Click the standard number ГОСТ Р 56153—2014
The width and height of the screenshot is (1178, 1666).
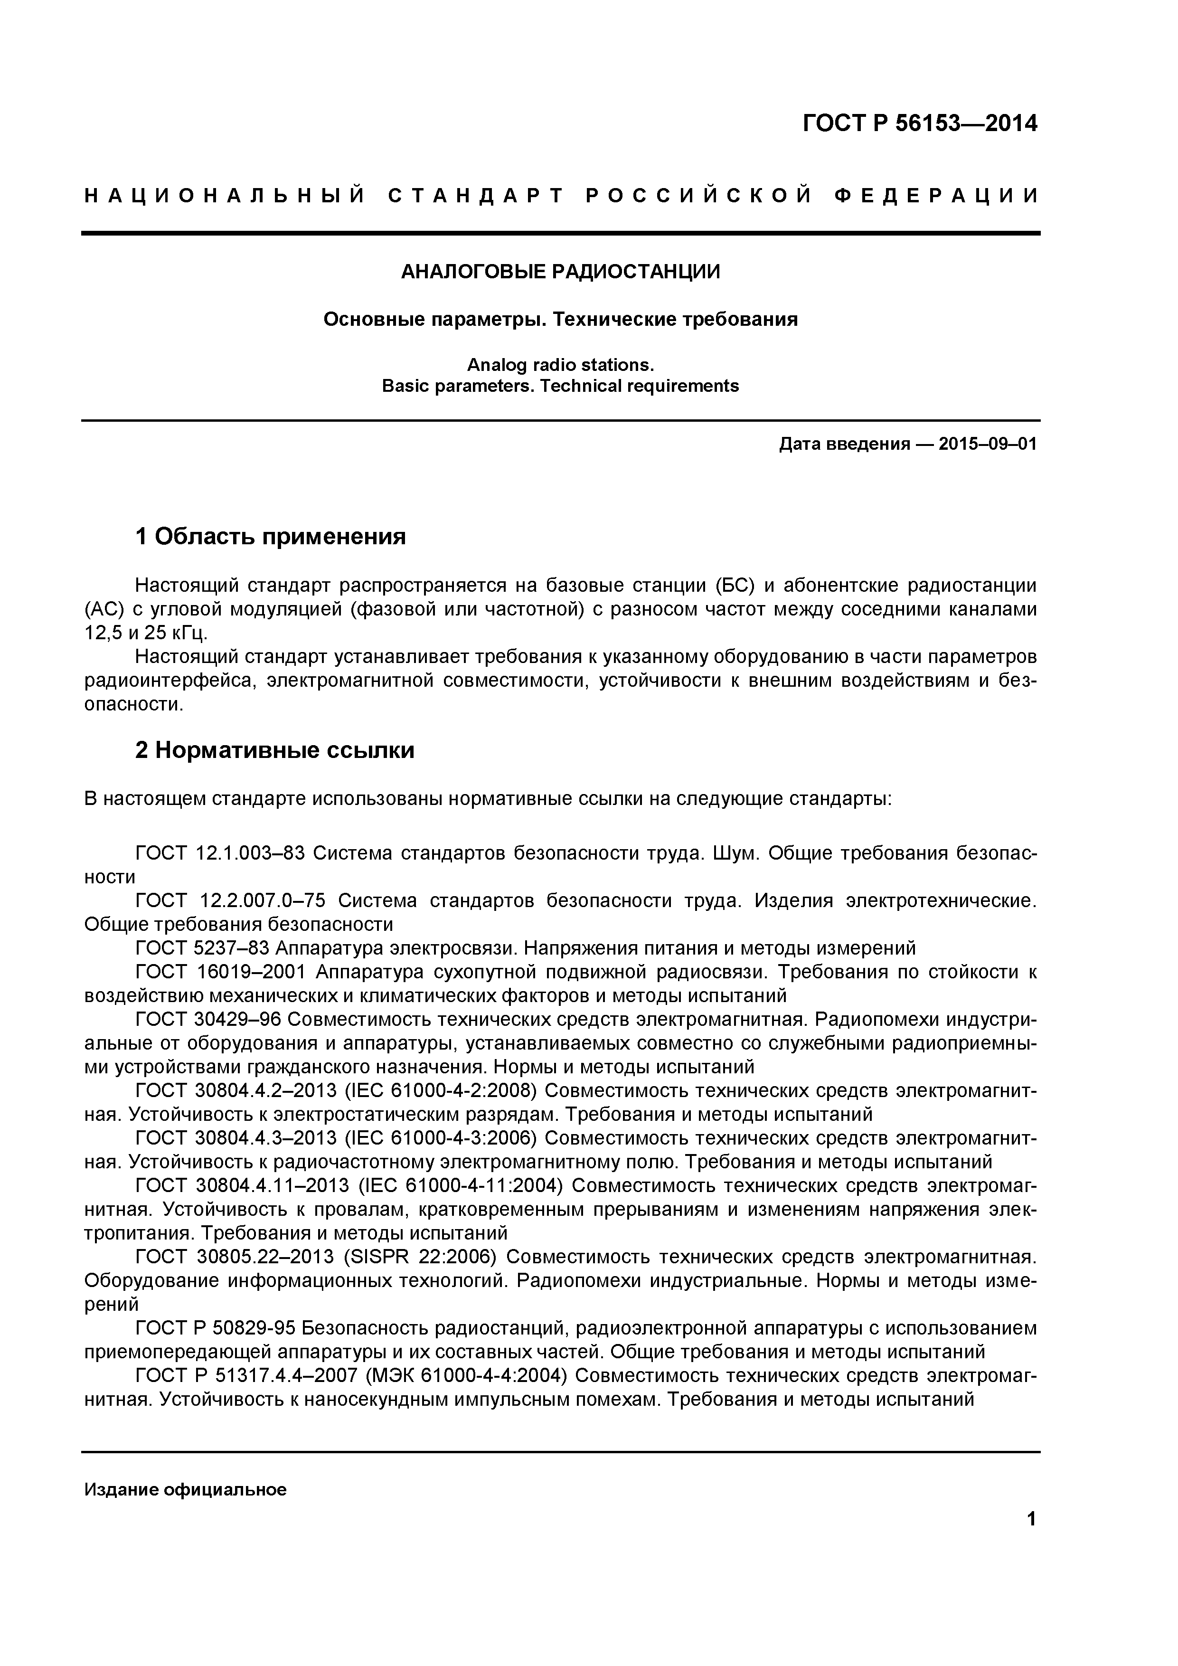point(919,123)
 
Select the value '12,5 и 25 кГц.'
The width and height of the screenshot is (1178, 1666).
point(146,633)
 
